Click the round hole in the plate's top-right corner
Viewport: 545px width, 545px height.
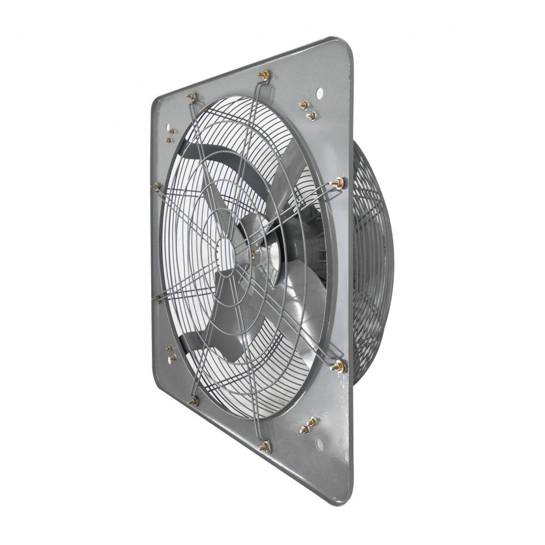tap(319, 93)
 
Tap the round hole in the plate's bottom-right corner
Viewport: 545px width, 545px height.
tap(319, 443)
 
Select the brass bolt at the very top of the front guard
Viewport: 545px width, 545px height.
tap(262, 75)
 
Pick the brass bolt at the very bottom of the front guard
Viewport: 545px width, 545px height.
tap(265, 446)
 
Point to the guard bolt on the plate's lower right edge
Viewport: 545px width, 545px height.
tap(337, 366)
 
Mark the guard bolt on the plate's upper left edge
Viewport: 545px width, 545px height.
tap(155, 187)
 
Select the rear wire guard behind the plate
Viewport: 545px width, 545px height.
tap(373, 261)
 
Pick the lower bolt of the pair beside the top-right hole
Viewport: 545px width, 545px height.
tap(311, 115)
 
